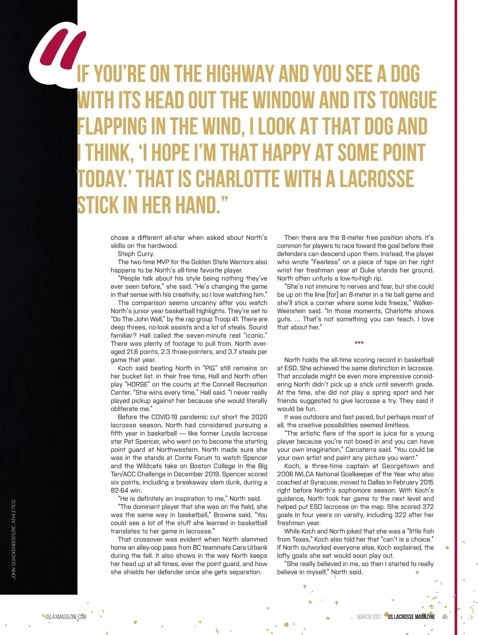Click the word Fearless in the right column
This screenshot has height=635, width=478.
[x=327, y=262]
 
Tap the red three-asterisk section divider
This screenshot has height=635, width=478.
[x=359, y=343]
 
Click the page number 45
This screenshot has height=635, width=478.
[x=445, y=617]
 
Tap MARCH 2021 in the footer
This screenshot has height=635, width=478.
[x=369, y=617]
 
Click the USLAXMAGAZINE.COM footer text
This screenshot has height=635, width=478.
[x=65, y=617]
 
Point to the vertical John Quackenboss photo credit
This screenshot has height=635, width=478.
[x=14, y=540]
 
